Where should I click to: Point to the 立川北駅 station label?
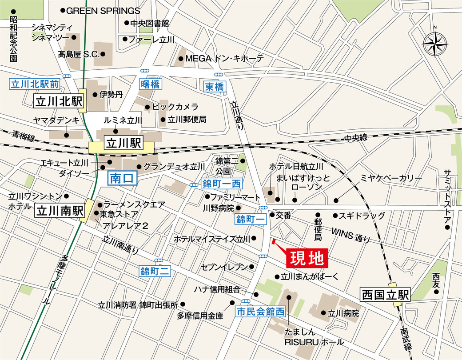coord(58,102)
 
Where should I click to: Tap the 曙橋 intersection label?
coord(149,84)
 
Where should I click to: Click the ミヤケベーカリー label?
coord(391,179)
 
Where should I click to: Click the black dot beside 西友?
coord(437,292)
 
